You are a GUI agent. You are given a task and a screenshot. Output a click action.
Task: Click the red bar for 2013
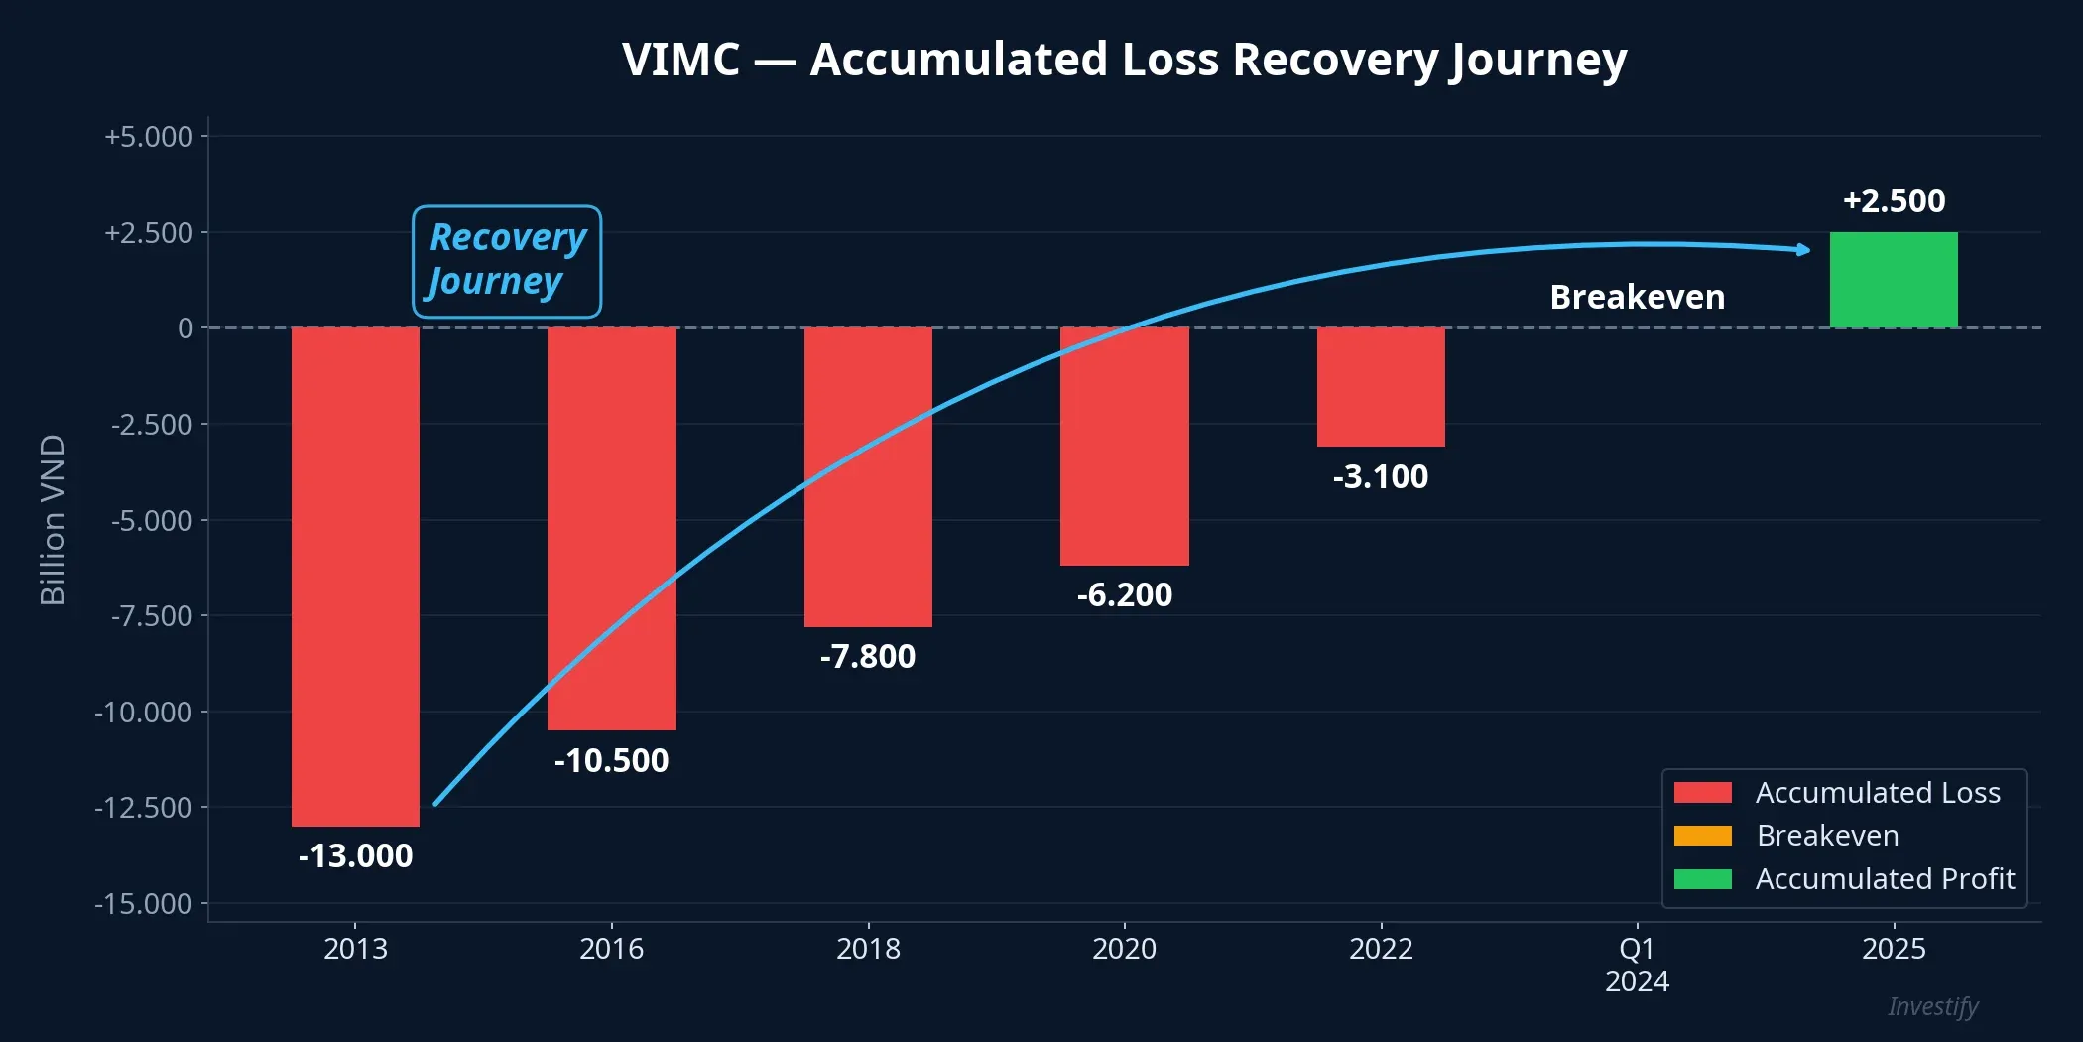[x=355, y=576]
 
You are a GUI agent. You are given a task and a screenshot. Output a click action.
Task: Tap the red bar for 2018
[x=868, y=476]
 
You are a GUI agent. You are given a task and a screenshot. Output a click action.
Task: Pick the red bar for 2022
[x=1381, y=386]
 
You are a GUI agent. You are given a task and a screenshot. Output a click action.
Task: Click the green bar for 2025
[x=1894, y=280]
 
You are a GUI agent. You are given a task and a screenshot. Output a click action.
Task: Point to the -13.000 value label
[x=355, y=855]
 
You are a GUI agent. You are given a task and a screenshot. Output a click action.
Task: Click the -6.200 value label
[x=1124, y=594]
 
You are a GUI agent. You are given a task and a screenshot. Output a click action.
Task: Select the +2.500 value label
[x=1894, y=200]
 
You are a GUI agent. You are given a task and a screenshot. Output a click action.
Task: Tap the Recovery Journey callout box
[x=507, y=261]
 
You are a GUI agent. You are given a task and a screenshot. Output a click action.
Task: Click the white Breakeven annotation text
[x=1637, y=297]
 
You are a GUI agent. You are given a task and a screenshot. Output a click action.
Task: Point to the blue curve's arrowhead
[x=1803, y=249]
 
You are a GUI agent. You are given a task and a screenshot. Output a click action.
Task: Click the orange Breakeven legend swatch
[x=1702, y=836]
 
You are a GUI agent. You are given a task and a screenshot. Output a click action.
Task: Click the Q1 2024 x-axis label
[x=1637, y=965]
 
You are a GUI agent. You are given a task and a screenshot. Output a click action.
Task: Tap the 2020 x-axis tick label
[x=1124, y=948]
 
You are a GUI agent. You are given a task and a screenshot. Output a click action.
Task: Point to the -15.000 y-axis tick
[x=144, y=903]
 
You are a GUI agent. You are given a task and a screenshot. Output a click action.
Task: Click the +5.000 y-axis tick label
[x=149, y=136]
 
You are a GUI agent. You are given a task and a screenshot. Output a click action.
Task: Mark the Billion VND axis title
[x=53, y=519]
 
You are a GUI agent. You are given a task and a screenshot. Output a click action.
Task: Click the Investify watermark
[x=1932, y=1006]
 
